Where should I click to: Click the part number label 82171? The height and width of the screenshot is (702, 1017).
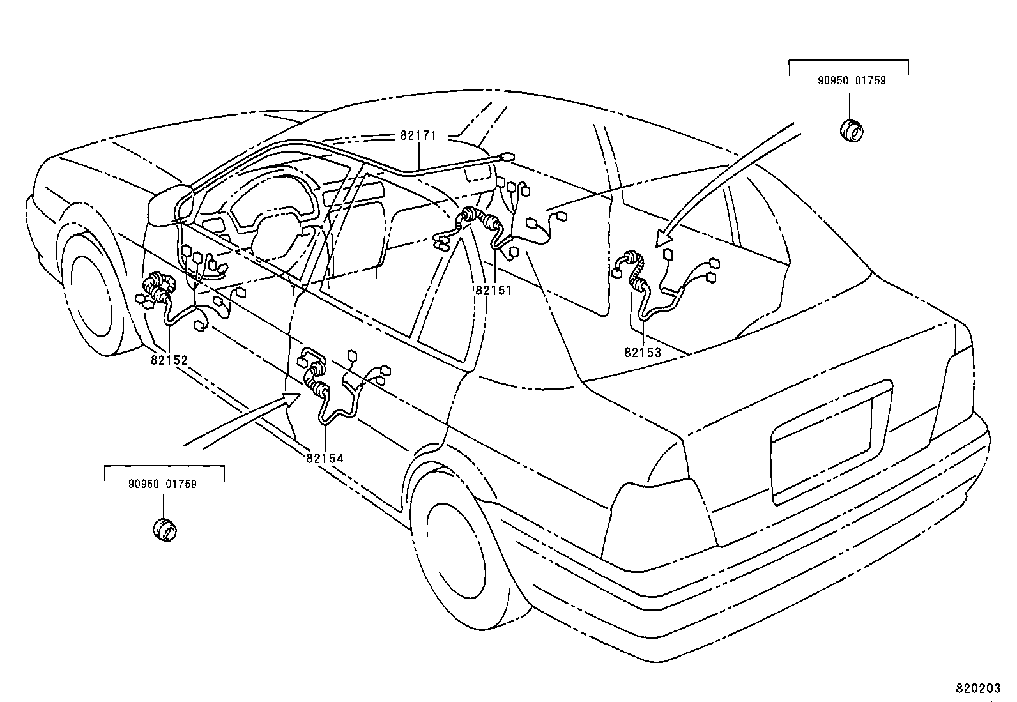tap(418, 136)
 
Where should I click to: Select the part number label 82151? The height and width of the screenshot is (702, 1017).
tap(493, 289)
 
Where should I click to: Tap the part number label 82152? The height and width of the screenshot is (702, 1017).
tap(169, 360)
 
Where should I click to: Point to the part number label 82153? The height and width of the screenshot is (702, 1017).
tap(642, 352)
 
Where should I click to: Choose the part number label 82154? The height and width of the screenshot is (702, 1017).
tap(325, 457)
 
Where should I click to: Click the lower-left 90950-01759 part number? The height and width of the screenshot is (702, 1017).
tap(162, 484)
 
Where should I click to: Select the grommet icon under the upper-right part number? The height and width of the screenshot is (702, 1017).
tap(850, 130)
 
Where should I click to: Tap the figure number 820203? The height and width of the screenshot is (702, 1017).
tap(977, 688)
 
